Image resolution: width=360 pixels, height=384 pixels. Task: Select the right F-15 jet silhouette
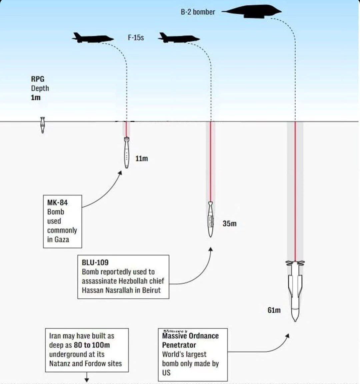(x=178, y=38)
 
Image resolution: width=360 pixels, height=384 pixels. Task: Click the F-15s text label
(x=136, y=37)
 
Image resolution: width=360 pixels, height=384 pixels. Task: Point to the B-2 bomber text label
(x=198, y=12)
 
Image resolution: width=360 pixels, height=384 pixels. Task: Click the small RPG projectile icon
(x=42, y=125)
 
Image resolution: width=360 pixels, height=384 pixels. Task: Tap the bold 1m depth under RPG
(x=36, y=98)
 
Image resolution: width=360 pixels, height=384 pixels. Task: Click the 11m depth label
(x=142, y=159)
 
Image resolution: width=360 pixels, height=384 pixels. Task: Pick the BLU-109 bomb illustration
(x=210, y=219)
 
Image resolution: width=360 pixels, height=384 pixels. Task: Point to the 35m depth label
(x=229, y=223)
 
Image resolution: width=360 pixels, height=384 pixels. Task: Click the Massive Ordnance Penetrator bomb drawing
(x=295, y=290)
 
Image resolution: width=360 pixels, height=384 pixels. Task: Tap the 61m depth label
(x=274, y=310)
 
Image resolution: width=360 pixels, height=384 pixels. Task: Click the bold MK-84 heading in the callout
(x=57, y=202)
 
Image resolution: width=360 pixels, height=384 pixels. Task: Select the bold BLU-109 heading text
(x=95, y=262)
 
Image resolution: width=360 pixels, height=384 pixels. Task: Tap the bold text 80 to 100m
(x=92, y=345)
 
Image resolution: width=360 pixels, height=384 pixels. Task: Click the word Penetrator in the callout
(x=179, y=345)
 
